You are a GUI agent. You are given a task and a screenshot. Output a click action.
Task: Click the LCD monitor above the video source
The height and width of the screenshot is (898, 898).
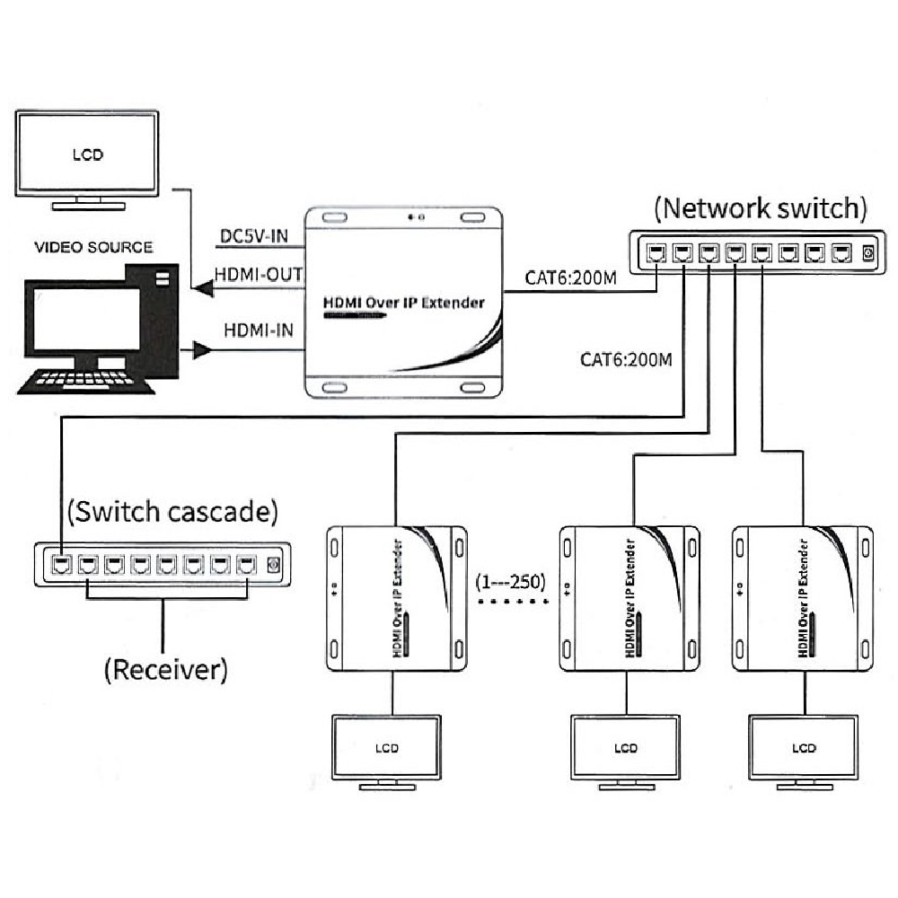88,154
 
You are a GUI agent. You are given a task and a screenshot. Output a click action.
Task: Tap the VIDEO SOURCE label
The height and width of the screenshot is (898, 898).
93,247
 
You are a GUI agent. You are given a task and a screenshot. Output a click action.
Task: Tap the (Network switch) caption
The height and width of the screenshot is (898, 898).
760,208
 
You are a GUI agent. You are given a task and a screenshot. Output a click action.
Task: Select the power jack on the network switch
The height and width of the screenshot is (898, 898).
867,254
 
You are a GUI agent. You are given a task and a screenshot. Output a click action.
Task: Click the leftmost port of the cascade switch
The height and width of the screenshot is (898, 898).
62,565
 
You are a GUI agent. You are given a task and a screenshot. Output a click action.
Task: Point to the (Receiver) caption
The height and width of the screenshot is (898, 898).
164,669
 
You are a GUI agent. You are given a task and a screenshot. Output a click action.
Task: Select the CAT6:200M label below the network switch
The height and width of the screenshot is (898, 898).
626,360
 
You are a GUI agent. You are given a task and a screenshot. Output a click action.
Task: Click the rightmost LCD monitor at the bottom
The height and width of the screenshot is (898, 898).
804,750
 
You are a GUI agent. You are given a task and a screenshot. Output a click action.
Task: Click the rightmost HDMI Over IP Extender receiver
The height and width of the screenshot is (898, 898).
803,596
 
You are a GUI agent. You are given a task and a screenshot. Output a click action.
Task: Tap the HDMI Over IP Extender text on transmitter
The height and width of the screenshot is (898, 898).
403,303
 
